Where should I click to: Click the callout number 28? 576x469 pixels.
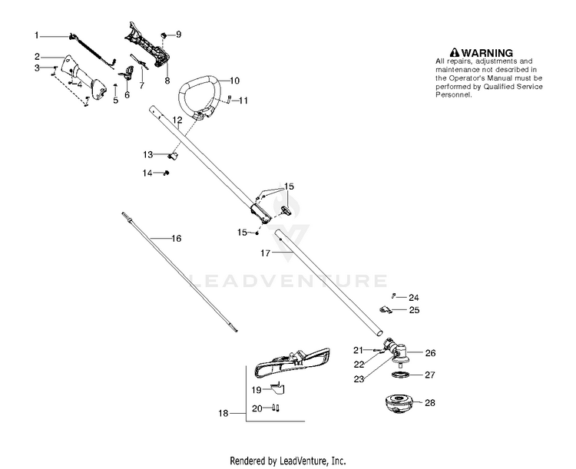pos(430,403)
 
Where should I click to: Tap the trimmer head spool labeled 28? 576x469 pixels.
pos(396,405)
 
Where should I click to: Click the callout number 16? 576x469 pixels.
pos(176,239)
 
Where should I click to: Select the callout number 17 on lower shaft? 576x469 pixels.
pos(265,253)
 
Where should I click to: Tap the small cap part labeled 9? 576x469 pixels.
pos(164,35)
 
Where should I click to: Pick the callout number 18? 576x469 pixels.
pos(223,414)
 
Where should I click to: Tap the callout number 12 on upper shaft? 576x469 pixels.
pos(177,121)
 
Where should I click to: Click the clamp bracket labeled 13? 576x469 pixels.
pos(173,156)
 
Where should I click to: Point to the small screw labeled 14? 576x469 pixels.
pos(166,173)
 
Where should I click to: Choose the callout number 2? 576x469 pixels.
pos(37,56)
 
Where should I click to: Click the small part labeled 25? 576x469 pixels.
pos(386,309)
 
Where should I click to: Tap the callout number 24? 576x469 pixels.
pos(414,297)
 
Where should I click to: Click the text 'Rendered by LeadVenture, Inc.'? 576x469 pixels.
pos(288,461)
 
